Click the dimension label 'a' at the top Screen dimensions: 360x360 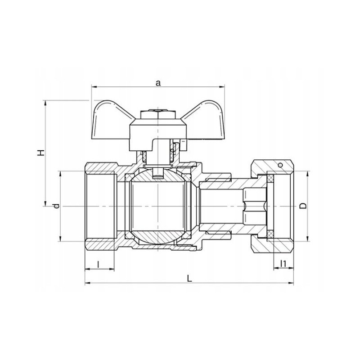point(158,83)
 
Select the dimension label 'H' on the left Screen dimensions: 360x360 point(41,153)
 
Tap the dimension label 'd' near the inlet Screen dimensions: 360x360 point(56,206)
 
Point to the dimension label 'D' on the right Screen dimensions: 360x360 point(303,206)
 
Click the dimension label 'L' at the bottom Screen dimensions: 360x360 point(189,279)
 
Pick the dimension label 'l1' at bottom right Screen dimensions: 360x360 point(283,264)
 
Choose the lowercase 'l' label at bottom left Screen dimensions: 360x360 point(98,265)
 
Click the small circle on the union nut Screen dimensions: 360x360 point(280,165)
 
